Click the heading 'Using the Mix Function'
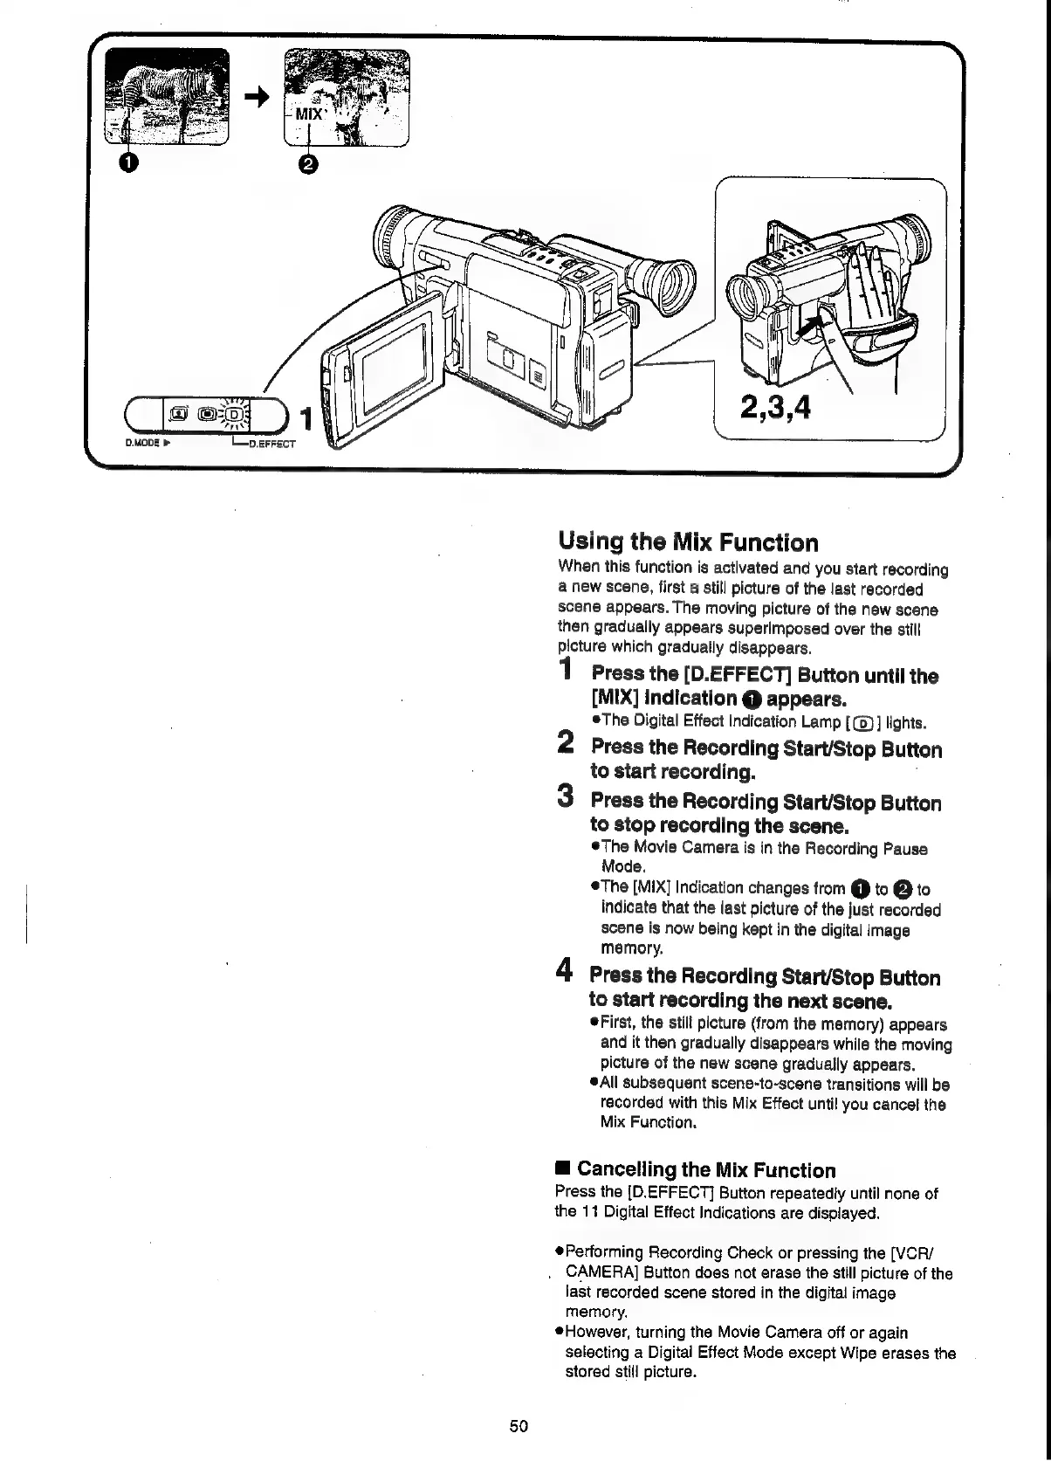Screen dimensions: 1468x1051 688,542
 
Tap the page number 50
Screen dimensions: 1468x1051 519,1426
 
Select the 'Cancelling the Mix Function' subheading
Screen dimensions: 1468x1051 705,1169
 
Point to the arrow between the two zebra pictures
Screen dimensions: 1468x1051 256,100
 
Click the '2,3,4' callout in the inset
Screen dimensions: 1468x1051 775,406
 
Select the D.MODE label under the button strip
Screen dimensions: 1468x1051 141,443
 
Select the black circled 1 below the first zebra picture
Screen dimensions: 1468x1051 129,162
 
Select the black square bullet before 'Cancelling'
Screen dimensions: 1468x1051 563,1168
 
